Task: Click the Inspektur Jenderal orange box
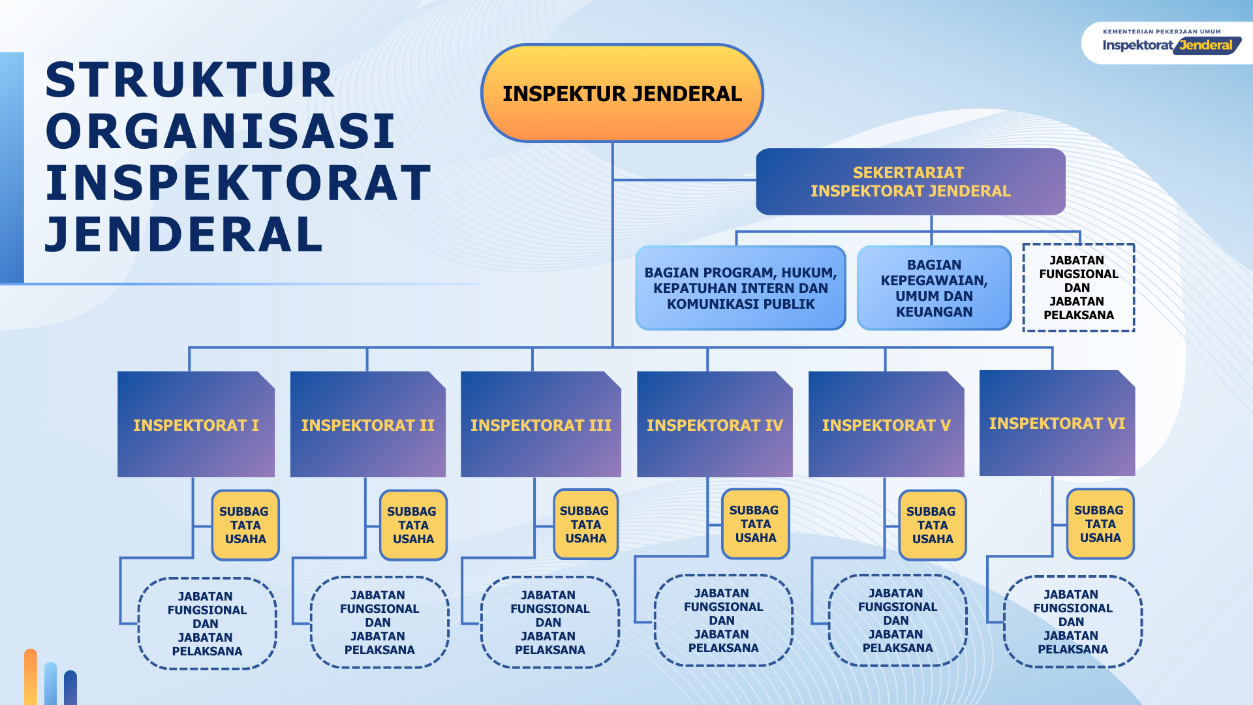622,93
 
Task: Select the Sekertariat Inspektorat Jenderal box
910,181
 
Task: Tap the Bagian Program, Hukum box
741,288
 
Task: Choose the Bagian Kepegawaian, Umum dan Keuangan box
934,288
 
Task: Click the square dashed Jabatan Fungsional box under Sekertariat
1078,287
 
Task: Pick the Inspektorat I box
196,424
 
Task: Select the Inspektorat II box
367,424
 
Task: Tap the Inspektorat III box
540,424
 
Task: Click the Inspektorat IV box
715,424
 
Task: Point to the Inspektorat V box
886,424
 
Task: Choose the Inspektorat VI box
1057,423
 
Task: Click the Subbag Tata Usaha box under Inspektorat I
245,525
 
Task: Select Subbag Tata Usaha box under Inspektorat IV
755,524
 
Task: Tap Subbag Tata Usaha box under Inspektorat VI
1100,524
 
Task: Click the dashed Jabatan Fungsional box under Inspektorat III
549,622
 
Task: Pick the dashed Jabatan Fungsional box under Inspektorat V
897,620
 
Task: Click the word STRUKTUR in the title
190,80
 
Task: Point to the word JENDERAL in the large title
185,234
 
